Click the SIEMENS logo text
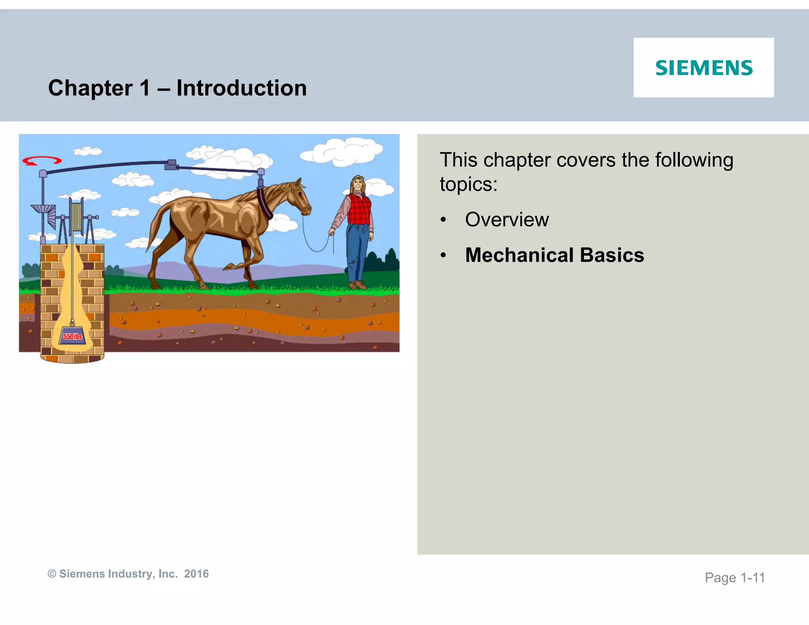coord(704,68)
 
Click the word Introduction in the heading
coord(241,88)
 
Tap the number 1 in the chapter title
coord(145,88)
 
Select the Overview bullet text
coord(507,220)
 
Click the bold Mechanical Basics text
coord(554,255)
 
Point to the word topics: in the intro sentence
coord(468,184)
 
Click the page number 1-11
coord(753,578)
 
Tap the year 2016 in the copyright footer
coord(196,574)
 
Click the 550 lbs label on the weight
coord(73,337)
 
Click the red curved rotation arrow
coord(42,161)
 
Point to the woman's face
coord(357,184)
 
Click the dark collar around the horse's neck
coord(264,203)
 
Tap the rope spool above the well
coord(76,215)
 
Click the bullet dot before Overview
coord(443,220)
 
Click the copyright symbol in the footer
coord(52,574)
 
